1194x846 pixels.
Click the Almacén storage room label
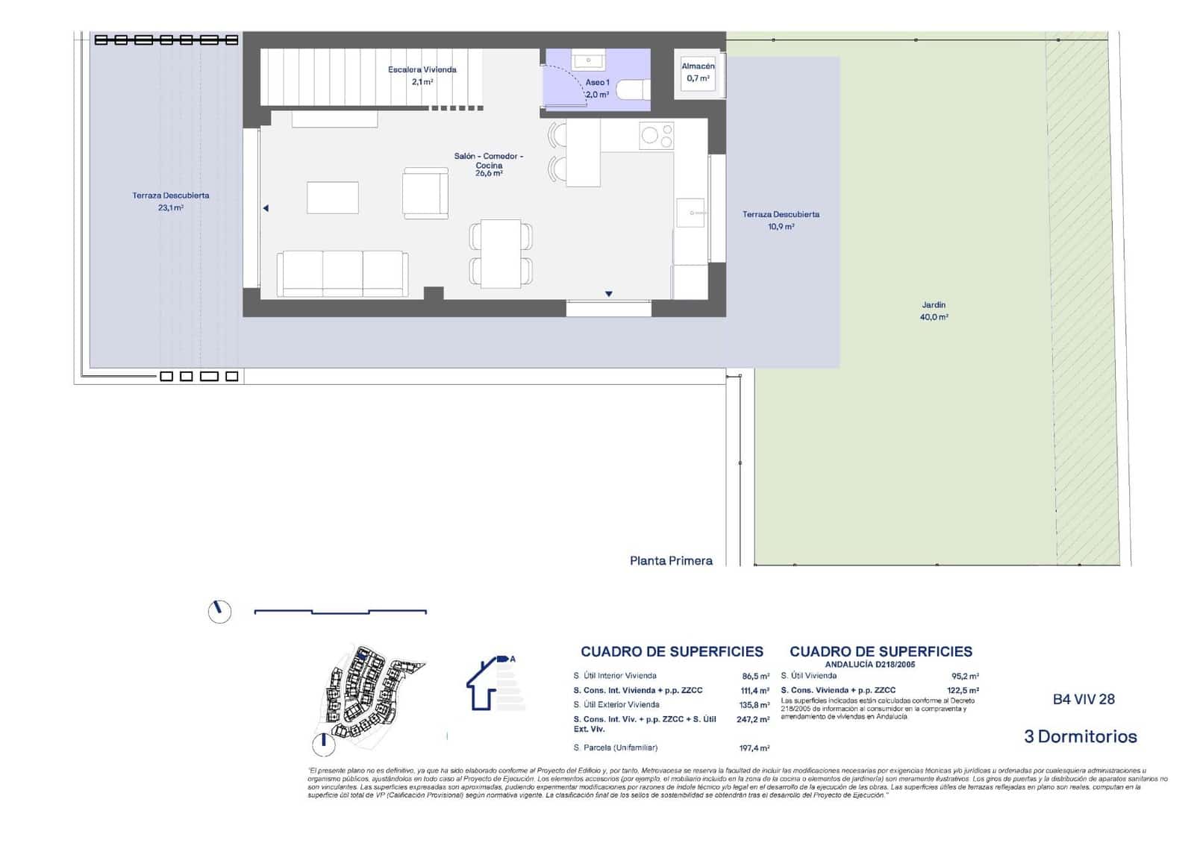[x=698, y=72]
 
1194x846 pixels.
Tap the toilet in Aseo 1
[x=634, y=90]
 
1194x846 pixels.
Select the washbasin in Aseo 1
[x=589, y=60]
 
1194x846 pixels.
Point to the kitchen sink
[x=691, y=213]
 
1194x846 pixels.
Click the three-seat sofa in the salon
[x=343, y=274]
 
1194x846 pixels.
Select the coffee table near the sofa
[x=333, y=198]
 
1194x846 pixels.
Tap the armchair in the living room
[x=425, y=193]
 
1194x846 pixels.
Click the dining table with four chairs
[x=501, y=254]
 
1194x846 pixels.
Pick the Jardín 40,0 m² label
[x=934, y=310]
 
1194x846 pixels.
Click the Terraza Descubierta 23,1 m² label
[x=171, y=201]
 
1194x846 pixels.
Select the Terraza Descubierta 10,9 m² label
[x=781, y=220]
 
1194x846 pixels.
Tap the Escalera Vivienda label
[x=422, y=75]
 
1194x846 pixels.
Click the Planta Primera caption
[x=671, y=561]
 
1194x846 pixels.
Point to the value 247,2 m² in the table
[x=753, y=720]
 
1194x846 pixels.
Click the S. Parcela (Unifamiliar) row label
[x=616, y=748]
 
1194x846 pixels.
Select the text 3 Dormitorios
[x=1081, y=737]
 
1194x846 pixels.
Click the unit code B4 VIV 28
[x=1084, y=699]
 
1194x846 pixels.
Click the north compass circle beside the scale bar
[x=219, y=612]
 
